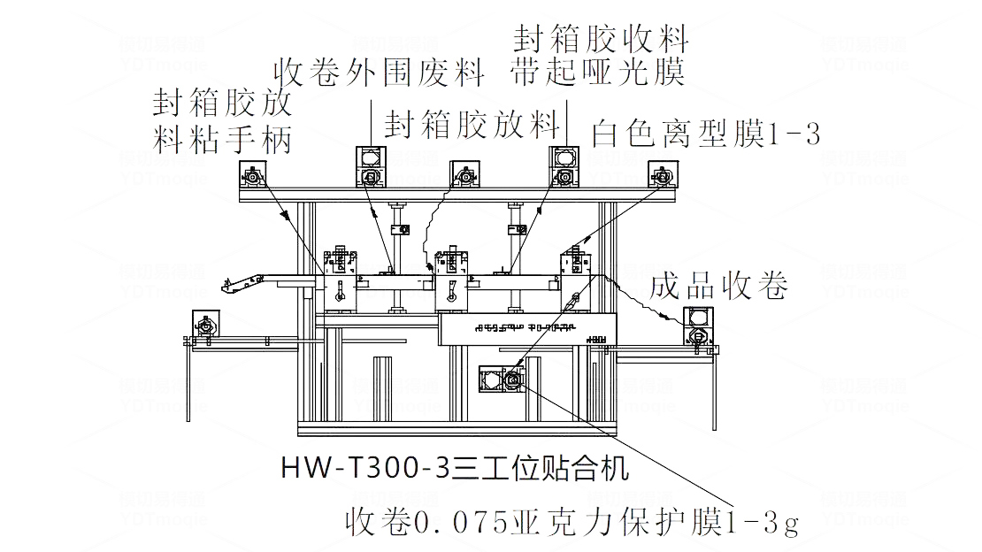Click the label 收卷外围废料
coord(380,72)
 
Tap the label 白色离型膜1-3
coord(706,134)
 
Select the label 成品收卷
coord(718,287)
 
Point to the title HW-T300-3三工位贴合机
coord(455,467)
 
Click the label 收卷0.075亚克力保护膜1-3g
coord(573,522)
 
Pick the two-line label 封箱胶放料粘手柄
coord(223,121)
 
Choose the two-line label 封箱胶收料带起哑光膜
coord(601,55)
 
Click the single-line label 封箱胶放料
coord(472,125)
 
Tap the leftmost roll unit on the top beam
coord(254,176)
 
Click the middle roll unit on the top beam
coord(464,176)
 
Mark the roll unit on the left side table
coord(206,326)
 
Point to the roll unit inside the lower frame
coord(501,381)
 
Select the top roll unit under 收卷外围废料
coord(371,167)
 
